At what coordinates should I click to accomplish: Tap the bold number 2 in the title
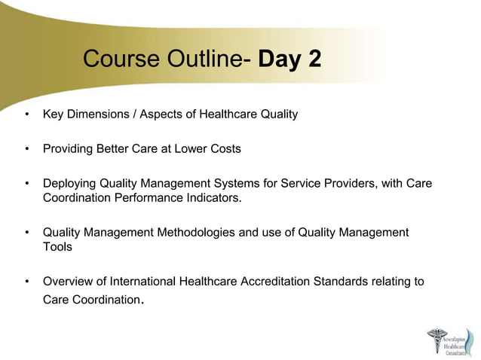pos(313,59)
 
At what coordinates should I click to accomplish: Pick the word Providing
pos(69,149)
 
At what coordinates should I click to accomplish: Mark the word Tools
pos(58,247)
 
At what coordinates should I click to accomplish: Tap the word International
pos(142,282)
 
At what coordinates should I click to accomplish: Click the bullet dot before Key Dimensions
pos(27,114)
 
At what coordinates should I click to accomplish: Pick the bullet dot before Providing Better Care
pos(27,149)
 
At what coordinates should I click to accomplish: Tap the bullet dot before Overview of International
pos(27,282)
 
